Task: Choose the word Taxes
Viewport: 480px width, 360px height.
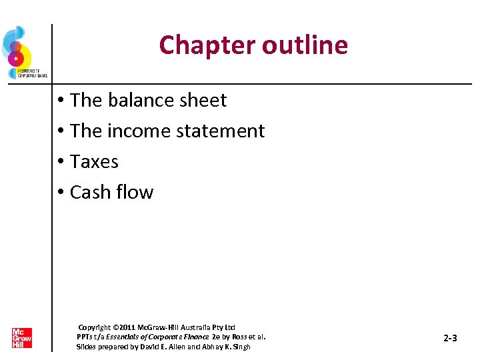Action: (94, 161)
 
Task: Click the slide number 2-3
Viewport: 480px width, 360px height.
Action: (450, 338)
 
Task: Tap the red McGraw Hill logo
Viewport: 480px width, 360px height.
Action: (21, 338)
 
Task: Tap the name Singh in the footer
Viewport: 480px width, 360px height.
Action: (240, 347)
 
